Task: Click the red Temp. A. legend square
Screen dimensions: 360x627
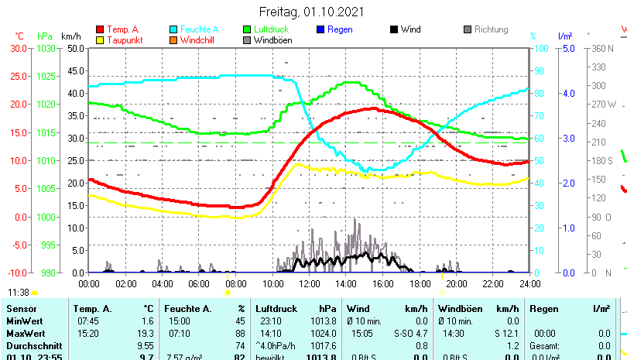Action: (x=100, y=29)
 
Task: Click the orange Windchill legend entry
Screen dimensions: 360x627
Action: (x=200, y=40)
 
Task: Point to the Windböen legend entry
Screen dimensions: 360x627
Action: (x=272, y=40)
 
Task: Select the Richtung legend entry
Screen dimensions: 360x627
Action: (x=491, y=29)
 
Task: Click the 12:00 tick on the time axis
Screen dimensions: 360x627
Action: (x=310, y=283)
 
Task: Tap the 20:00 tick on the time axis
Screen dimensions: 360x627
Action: (x=456, y=283)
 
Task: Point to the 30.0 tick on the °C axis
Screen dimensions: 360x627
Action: (x=19, y=48)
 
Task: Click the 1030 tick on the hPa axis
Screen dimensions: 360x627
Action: (x=46, y=48)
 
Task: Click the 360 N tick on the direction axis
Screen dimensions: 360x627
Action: (x=603, y=48)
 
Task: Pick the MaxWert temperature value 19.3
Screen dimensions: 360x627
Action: (x=146, y=333)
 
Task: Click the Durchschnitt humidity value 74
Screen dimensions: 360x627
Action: (x=240, y=345)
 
